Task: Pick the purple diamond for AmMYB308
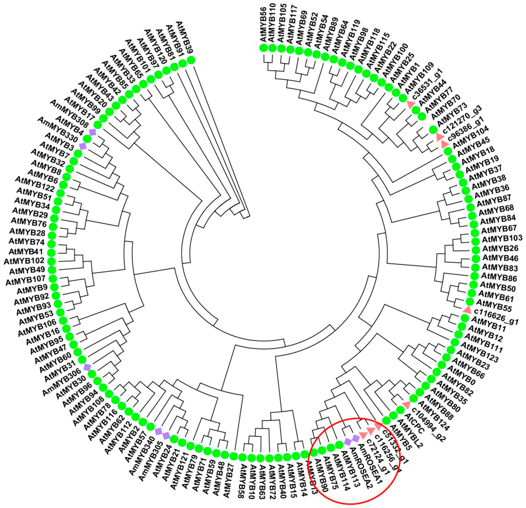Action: click(x=93, y=132)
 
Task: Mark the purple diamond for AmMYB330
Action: click(x=83, y=146)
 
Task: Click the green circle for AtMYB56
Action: click(x=264, y=48)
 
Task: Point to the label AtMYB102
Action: click(x=24, y=261)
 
